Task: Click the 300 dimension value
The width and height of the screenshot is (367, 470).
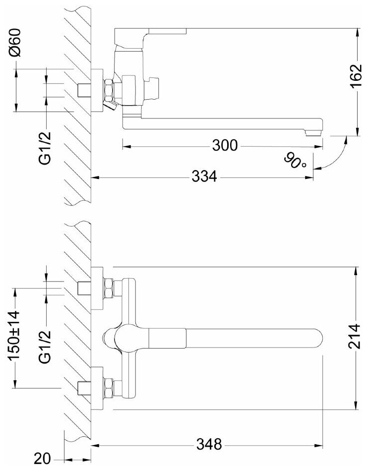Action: click(225, 145)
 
